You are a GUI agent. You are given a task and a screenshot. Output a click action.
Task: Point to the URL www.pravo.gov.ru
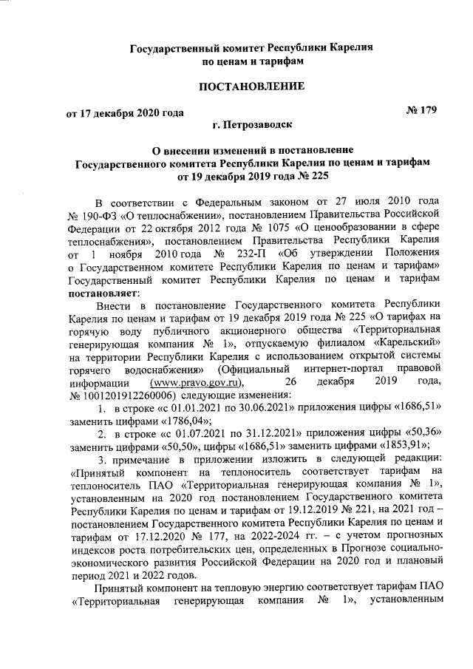pos(196,382)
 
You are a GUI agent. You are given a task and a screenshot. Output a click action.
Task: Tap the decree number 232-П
pos(233,253)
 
